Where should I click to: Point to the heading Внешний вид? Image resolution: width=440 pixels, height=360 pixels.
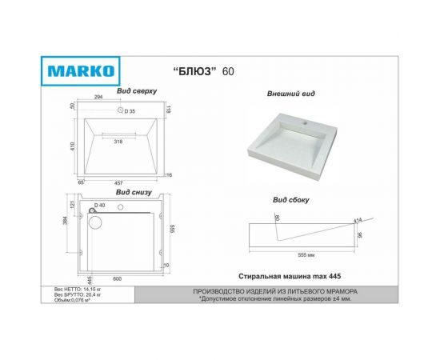(290, 94)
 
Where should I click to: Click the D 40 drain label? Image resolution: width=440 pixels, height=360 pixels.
(100, 206)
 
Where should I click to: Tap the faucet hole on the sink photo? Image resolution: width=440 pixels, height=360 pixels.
(305, 122)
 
